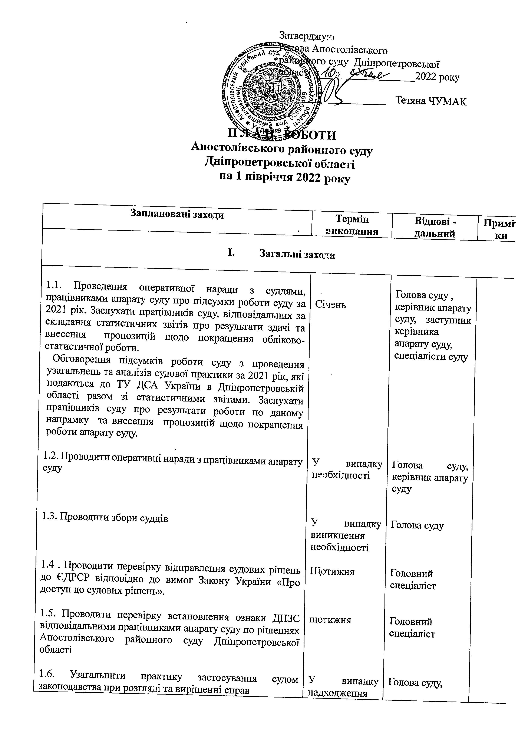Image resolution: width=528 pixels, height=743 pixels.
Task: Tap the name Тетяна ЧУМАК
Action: coord(431,101)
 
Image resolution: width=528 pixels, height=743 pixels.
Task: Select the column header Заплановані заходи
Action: coord(177,214)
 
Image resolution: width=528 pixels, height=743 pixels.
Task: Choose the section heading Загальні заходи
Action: coord(297,255)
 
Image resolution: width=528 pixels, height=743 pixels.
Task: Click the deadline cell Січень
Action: coord(330,305)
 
